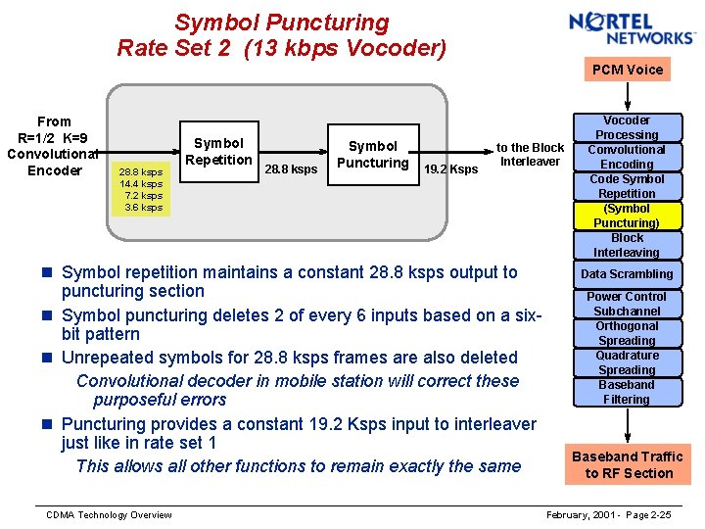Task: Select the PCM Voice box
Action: [x=627, y=70]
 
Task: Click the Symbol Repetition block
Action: [x=219, y=152]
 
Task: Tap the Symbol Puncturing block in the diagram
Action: [x=372, y=154]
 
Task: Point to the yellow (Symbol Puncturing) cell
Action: [x=627, y=216]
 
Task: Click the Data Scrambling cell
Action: [x=627, y=274]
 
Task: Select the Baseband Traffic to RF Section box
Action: [x=627, y=464]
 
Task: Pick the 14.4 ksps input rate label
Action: [x=141, y=184]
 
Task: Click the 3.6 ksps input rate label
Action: [x=143, y=208]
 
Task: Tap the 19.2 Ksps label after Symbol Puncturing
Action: [x=451, y=169]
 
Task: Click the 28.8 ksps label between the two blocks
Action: [x=291, y=169]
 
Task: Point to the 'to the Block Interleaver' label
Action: [x=530, y=155]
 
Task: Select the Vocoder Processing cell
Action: [x=627, y=127]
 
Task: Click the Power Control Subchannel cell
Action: [x=627, y=304]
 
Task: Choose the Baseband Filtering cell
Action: [x=627, y=392]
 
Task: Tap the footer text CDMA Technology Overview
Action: [x=109, y=515]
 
